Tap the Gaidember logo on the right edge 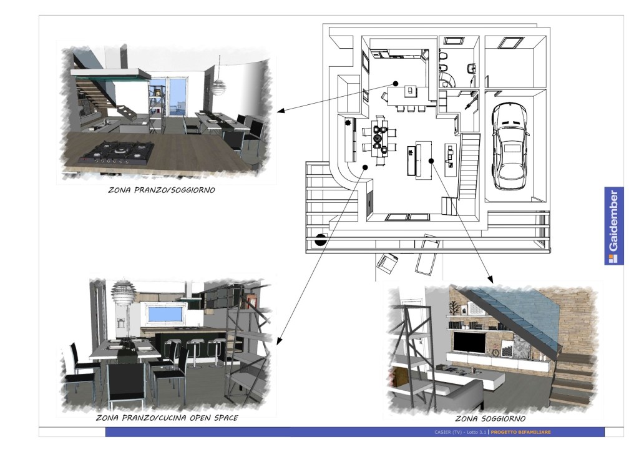click(613, 226)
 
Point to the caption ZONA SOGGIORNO click(490, 418)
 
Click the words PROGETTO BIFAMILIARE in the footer click(520, 432)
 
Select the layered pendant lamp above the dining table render click(124, 292)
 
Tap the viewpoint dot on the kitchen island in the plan click(396, 83)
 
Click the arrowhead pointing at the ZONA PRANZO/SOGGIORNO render click(280, 111)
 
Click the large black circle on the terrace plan click(320, 238)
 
